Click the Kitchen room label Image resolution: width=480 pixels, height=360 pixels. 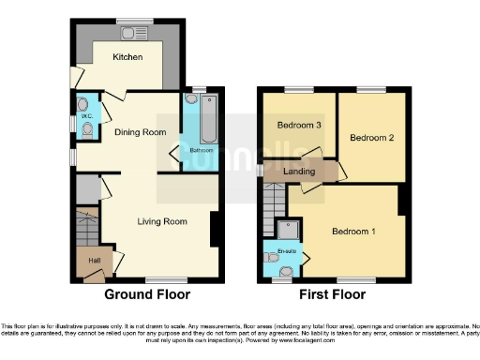coord(127,57)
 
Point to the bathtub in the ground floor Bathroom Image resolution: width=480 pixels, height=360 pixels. coord(208,117)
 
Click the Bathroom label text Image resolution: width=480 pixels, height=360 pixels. coord(202,150)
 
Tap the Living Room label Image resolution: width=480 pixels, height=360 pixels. coord(162,222)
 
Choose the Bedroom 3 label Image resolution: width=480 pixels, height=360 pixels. coord(299,124)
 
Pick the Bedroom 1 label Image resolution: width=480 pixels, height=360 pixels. coord(353,231)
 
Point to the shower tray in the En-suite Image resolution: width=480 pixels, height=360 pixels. coord(290,230)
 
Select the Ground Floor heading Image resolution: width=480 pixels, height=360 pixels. coord(147,295)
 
